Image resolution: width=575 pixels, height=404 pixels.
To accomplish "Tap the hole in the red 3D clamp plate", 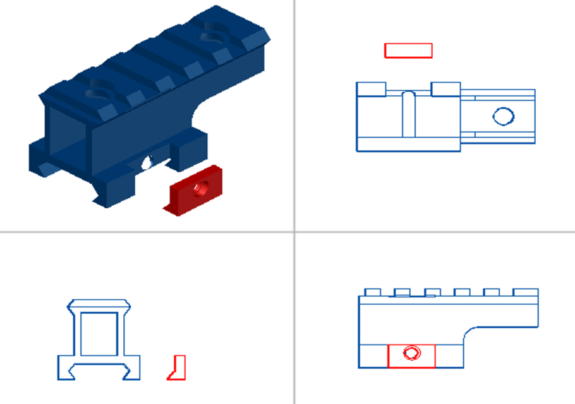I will [x=202, y=187].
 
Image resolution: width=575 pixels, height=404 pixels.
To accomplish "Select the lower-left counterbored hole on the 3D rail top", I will [x=97, y=92].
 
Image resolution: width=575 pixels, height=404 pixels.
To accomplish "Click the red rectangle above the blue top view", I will [x=408, y=50].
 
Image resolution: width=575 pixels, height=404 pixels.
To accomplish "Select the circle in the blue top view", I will [x=503, y=116].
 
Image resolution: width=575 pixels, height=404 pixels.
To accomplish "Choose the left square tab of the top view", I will [x=371, y=89].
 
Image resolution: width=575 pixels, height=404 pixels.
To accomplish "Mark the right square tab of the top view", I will [x=445, y=89].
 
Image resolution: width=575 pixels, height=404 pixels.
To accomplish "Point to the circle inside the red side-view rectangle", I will [x=411, y=353].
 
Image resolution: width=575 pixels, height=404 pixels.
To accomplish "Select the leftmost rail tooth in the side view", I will [x=372, y=292].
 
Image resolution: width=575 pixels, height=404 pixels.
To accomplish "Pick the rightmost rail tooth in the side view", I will [x=526, y=292].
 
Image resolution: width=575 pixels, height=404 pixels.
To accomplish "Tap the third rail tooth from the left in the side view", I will [x=433, y=292].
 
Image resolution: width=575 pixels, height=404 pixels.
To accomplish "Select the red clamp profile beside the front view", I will [x=178, y=367].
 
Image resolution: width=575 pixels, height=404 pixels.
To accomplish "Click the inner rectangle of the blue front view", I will [x=98, y=333].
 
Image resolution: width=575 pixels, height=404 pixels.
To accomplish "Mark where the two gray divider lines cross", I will [x=294, y=232].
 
